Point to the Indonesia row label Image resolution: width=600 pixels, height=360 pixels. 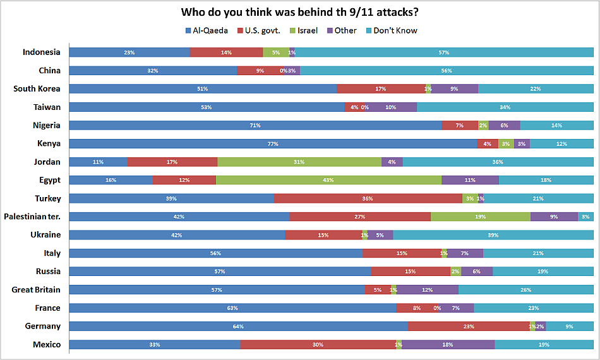[42, 52]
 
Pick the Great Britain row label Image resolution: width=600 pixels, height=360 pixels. [36, 290]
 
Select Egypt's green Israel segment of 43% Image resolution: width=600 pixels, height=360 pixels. [328, 180]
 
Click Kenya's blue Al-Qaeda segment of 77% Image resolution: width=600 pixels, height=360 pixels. [273, 143]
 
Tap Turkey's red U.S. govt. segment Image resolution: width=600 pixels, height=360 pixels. [368, 198]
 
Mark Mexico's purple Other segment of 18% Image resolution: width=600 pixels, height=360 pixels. [448, 345]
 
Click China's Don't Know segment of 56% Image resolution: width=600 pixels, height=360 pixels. [447, 71]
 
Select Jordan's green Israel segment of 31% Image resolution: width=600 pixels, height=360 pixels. [299, 162]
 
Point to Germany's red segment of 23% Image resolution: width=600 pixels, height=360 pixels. [468, 327]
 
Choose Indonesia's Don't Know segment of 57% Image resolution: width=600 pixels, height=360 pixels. [444, 52]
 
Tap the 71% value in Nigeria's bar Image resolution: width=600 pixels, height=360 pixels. [255, 126]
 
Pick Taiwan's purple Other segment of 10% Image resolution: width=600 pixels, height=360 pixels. [391, 107]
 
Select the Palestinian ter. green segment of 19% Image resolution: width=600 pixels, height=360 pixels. [480, 217]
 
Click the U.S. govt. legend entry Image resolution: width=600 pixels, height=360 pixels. [258, 30]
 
